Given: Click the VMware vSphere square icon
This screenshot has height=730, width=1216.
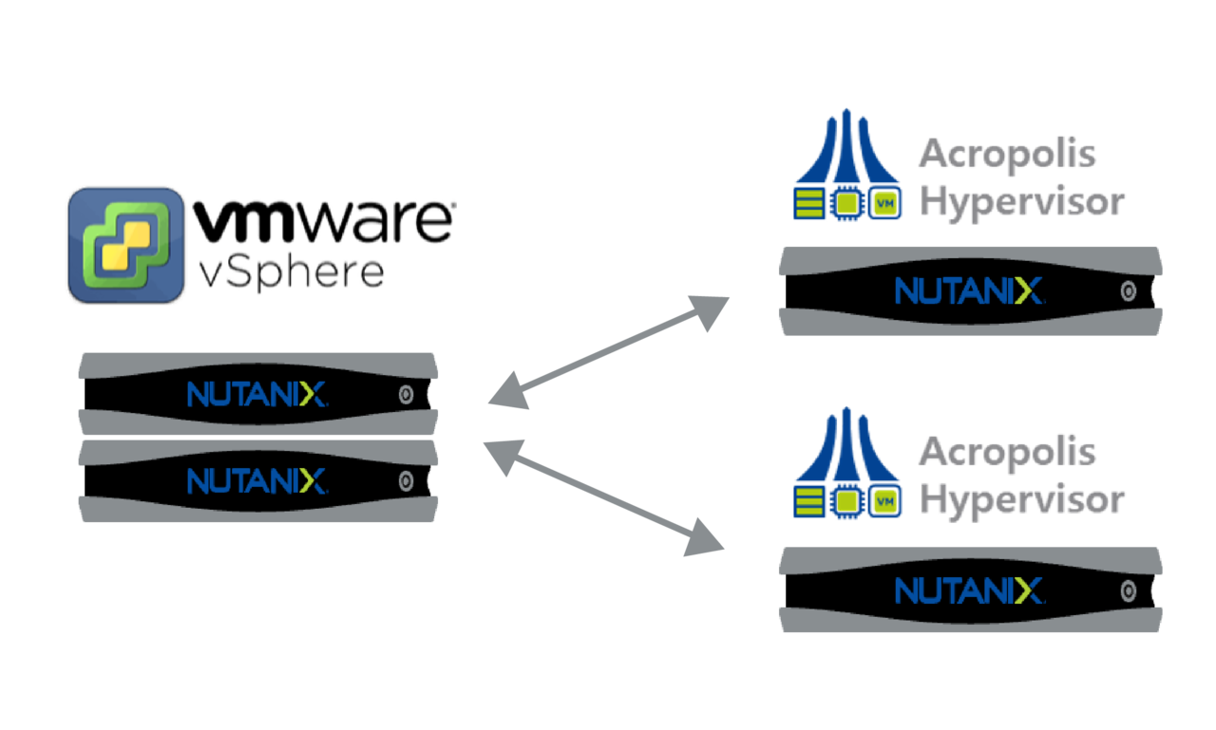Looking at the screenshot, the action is pos(126,245).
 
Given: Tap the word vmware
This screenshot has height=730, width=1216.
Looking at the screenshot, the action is pos(324,220).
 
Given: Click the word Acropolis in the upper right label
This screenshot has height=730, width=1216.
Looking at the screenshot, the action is pos(1008,155).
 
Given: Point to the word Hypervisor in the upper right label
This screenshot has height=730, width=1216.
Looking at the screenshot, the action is pos(1021,203).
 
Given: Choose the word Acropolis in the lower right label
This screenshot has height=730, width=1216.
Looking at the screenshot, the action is pos(1008,453).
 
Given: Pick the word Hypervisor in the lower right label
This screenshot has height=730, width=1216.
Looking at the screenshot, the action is pos(1021,501).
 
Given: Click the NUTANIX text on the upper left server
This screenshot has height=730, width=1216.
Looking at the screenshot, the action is pos(256,394).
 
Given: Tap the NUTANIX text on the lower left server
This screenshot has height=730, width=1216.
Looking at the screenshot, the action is pos(256,481).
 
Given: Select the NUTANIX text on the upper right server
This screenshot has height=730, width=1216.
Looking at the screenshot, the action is pos(969,290).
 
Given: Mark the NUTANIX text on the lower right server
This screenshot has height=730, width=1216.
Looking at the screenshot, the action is pos(969,590).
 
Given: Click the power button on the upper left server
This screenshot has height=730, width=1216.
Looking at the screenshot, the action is pos(406,394).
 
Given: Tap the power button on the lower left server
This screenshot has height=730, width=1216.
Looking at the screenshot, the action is pos(406,481).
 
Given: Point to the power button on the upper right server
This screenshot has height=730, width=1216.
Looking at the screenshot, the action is pos(1128,291).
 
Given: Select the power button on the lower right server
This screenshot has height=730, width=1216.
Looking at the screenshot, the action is pos(1128,591).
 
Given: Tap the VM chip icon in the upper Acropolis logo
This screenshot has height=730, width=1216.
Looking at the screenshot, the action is pos(884,203).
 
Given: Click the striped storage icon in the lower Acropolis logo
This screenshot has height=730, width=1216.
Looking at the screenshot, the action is pos(808,501).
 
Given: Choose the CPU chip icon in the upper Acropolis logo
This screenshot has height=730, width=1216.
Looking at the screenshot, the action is pos(846,203).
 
